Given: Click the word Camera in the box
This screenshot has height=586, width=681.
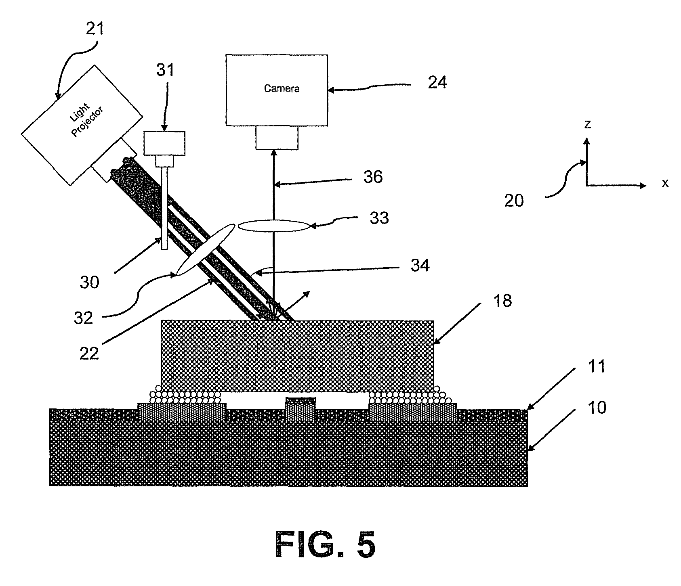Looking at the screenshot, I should [282, 88].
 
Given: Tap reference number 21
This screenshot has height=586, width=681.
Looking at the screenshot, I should [95, 29].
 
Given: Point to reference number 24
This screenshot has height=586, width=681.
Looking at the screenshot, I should [437, 83].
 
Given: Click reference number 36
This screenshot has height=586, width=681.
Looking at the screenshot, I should [373, 177].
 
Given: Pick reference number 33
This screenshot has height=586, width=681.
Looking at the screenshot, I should [379, 218].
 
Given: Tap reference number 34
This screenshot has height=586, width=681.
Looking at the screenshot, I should [420, 266].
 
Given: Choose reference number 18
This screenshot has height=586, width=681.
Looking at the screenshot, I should [502, 301].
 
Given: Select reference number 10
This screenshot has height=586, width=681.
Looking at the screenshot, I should [597, 408].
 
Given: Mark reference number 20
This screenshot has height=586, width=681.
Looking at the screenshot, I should [514, 201].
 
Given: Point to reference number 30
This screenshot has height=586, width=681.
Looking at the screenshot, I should [89, 282].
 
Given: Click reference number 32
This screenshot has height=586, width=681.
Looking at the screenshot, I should [83, 318].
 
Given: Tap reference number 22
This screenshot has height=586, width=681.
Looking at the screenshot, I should [89, 354].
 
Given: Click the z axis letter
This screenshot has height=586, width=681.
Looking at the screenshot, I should [588, 125].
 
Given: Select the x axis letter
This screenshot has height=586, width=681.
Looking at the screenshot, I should [665, 184].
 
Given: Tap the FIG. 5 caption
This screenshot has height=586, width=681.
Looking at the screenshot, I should [325, 544].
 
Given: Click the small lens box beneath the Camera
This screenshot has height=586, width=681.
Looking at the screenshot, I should [277, 138].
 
